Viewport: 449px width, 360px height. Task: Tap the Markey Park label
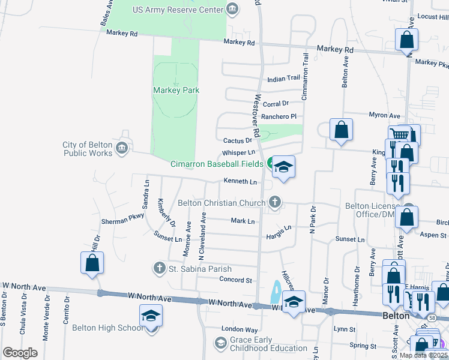pos(176,91)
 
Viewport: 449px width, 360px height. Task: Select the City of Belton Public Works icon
pos(122,147)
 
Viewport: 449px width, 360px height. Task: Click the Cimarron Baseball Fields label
pos(216,164)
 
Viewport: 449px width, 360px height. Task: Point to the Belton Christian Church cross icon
pos(276,202)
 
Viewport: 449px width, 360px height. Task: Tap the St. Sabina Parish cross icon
pos(159,268)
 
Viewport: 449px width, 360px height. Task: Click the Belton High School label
pos(107,328)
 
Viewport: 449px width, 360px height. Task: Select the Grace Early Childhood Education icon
pos(220,343)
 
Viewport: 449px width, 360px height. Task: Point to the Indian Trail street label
pos(283,79)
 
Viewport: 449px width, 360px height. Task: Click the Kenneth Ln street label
pos(240,181)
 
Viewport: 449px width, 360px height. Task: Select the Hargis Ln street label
pos(279,228)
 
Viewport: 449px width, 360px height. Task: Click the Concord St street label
pos(235,280)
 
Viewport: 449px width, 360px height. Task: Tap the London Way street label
pos(239,329)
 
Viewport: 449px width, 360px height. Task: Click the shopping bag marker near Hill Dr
pos(92,263)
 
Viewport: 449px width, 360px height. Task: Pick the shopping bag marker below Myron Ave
pos(341,130)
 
